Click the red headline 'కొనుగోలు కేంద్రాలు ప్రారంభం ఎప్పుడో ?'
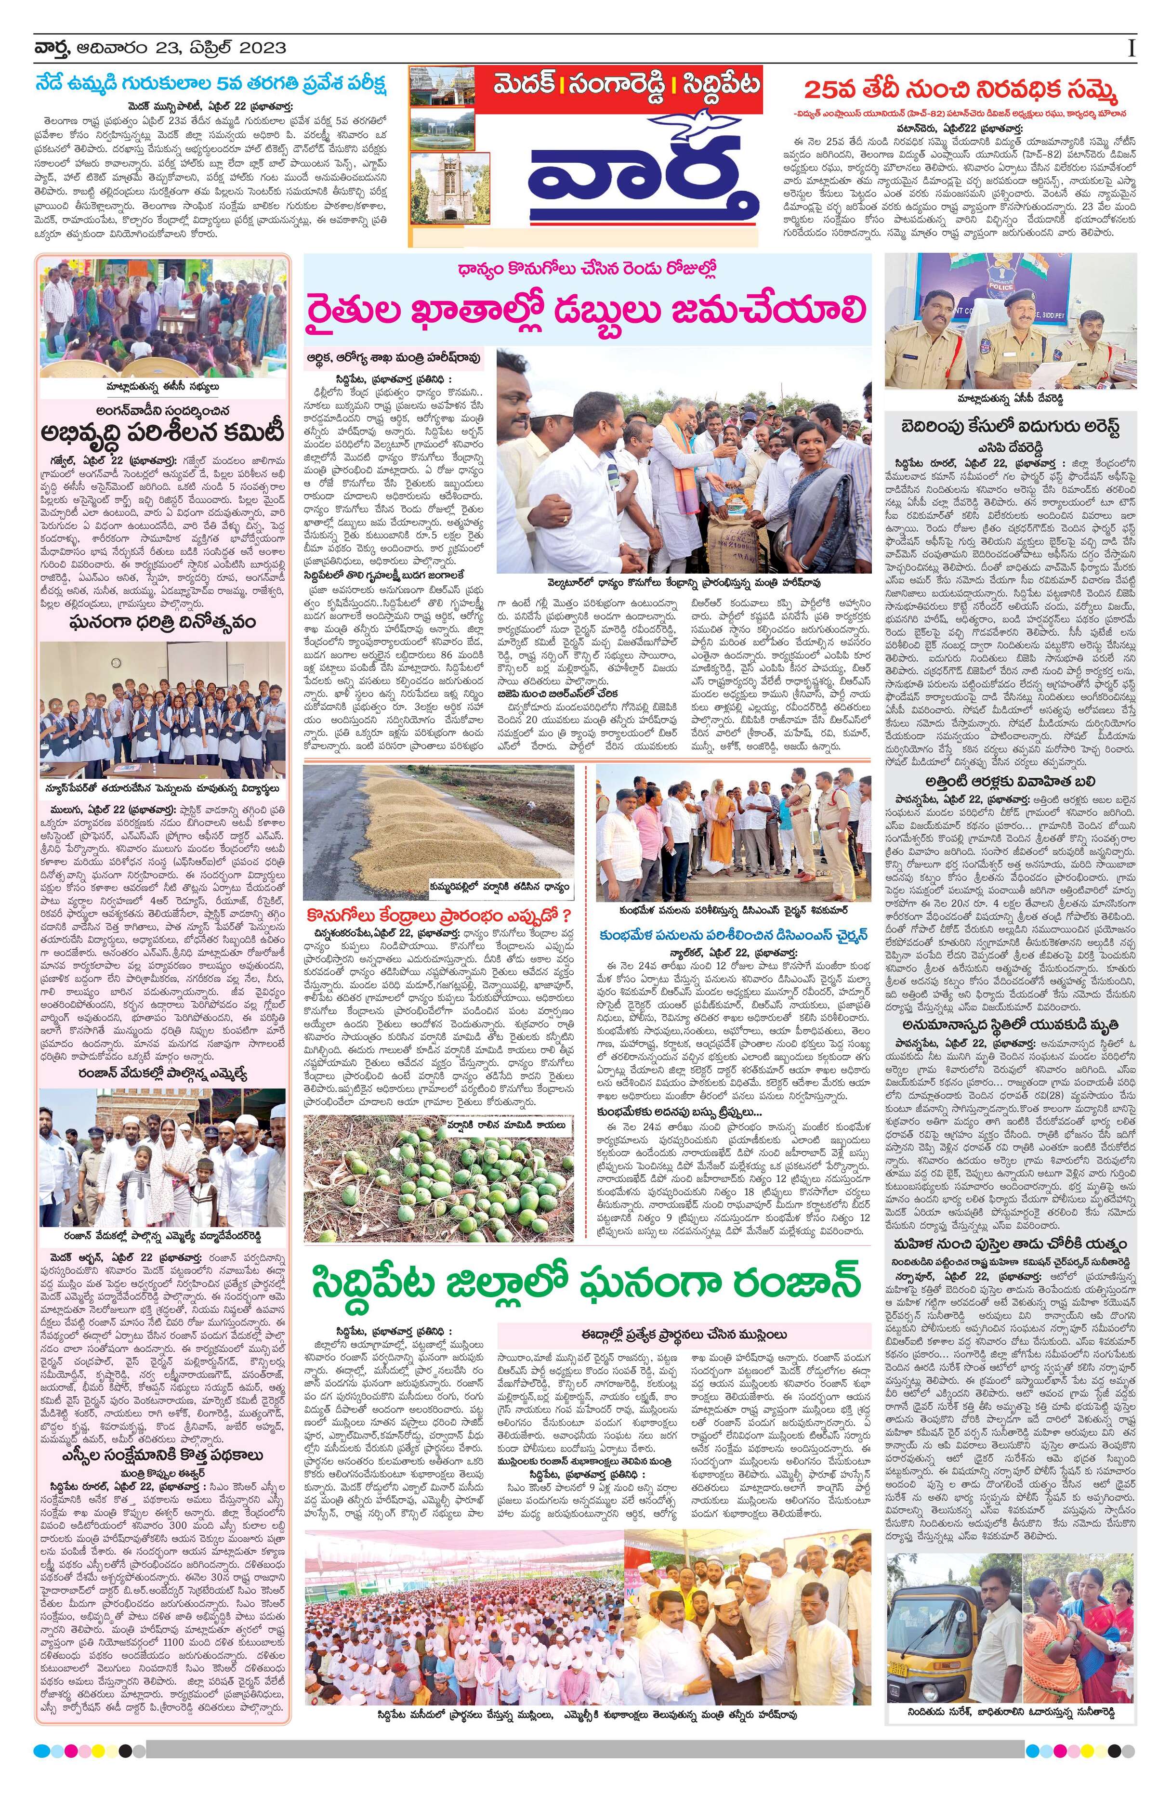point(440,916)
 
